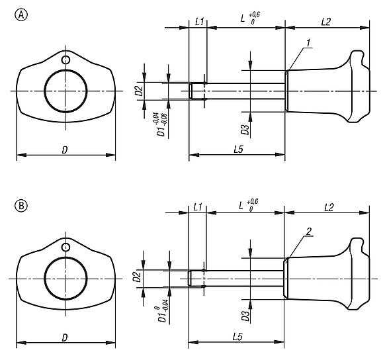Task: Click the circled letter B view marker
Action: pyautogui.click(x=21, y=206)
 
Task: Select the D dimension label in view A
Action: pyautogui.click(x=64, y=150)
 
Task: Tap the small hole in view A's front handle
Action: pyautogui.click(x=65, y=61)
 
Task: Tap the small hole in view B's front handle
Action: pyautogui.click(x=65, y=247)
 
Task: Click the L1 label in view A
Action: pyautogui.click(x=198, y=22)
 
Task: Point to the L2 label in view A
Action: pyautogui.click(x=325, y=22)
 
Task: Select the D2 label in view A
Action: pyautogui.click(x=140, y=90)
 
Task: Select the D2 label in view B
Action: pyautogui.click(x=140, y=278)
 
